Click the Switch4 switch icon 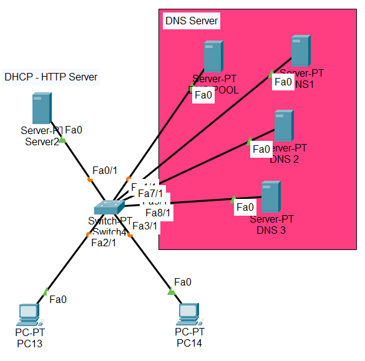pos(109,208)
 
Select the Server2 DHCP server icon pos(42,108)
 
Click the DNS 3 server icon pos(270,197)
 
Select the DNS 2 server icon pos(284,126)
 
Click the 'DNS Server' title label pos(192,21)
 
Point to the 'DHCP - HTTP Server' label pos(51,77)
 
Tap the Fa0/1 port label pos(104,170)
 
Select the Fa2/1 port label pos(104,243)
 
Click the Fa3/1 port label pos(145,226)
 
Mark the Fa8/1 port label pos(158,213)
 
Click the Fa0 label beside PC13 pos(58,299)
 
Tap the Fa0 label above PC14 pos(183,282)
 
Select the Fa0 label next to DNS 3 pos(245,207)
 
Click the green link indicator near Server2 pos(62,140)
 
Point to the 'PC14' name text pos(189,343)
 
